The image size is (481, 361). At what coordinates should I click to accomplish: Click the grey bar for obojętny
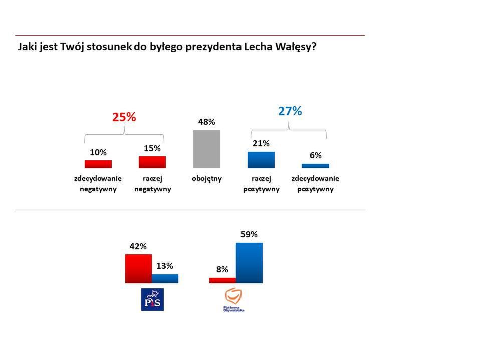(x=206, y=149)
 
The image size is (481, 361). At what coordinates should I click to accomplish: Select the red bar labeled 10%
(x=98, y=164)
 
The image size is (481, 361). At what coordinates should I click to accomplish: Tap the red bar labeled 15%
(x=152, y=162)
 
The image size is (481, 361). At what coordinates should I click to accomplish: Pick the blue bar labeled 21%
(x=261, y=159)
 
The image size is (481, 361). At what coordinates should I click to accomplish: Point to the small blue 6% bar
(x=315, y=165)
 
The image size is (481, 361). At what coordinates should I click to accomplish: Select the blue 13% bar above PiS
(x=165, y=278)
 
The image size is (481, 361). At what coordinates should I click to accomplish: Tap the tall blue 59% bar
(x=249, y=263)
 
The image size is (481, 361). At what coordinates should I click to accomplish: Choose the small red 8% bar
(x=222, y=280)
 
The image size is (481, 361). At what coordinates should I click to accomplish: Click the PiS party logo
(x=152, y=299)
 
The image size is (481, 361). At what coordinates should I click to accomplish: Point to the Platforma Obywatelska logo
(x=234, y=300)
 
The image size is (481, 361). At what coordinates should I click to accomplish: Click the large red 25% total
(x=124, y=117)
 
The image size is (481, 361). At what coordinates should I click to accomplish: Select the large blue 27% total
(x=290, y=111)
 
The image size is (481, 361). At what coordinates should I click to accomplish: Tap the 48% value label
(x=206, y=122)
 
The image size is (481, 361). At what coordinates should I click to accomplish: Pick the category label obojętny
(x=206, y=178)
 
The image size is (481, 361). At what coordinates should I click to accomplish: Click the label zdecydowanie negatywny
(x=98, y=184)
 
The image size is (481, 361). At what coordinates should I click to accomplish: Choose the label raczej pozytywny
(x=261, y=184)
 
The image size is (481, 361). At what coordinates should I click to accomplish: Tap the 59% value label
(x=249, y=234)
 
